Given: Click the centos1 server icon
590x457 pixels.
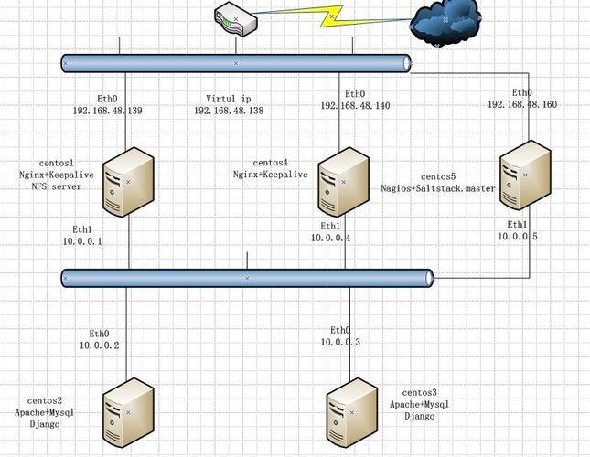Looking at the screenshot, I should (128, 182).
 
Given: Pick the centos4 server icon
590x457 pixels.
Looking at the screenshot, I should (344, 187).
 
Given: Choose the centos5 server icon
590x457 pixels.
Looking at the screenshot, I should (525, 177).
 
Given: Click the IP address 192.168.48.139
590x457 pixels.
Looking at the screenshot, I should (107, 111).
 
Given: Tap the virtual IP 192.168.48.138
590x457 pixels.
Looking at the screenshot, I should (228, 111).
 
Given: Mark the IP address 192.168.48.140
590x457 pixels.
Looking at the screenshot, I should (355, 106).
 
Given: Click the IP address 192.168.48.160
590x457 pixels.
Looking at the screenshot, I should (521, 105).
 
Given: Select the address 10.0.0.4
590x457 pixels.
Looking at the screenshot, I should (330, 238).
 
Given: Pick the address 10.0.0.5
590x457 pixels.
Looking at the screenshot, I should (518, 236).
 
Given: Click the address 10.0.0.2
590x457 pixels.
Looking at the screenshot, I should (99, 345).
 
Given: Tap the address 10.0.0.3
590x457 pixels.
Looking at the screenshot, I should (340, 342).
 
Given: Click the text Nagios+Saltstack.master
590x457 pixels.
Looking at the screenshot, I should (438, 188).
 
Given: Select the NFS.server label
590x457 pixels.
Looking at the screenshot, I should (57, 186).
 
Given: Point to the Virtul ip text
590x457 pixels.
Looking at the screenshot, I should (227, 99).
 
